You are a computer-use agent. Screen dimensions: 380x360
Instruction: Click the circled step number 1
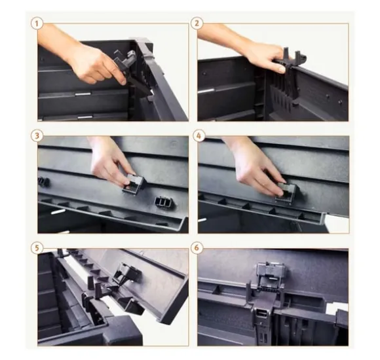[x=37, y=24]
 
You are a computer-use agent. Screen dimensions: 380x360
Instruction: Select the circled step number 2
[x=197, y=24]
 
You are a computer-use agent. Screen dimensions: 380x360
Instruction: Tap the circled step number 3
[x=37, y=135]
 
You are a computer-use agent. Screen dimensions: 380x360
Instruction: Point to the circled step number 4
[x=199, y=135]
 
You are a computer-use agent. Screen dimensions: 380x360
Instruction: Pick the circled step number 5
[x=37, y=247]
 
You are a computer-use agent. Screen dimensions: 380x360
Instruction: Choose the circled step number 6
[x=197, y=247]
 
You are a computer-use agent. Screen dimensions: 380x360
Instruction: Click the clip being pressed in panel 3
[x=134, y=183]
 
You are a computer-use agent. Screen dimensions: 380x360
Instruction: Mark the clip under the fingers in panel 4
[x=286, y=194]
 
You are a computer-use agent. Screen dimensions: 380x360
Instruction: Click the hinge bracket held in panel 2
[x=294, y=73]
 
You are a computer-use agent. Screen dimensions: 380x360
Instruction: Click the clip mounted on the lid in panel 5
[x=127, y=274]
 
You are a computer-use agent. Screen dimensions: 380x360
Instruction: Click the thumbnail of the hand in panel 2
[x=282, y=69]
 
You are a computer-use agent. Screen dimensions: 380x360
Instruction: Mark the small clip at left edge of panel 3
[x=43, y=182]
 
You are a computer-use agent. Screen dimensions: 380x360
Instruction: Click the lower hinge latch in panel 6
[x=263, y=322]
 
